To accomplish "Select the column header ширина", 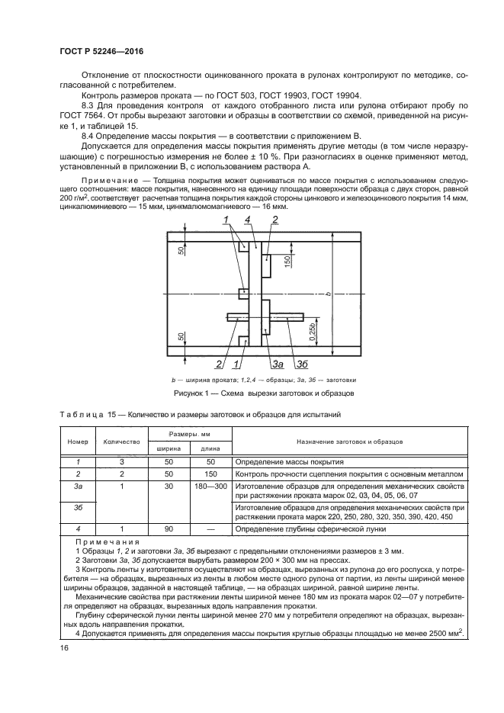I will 169,449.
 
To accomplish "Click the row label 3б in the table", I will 78,506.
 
